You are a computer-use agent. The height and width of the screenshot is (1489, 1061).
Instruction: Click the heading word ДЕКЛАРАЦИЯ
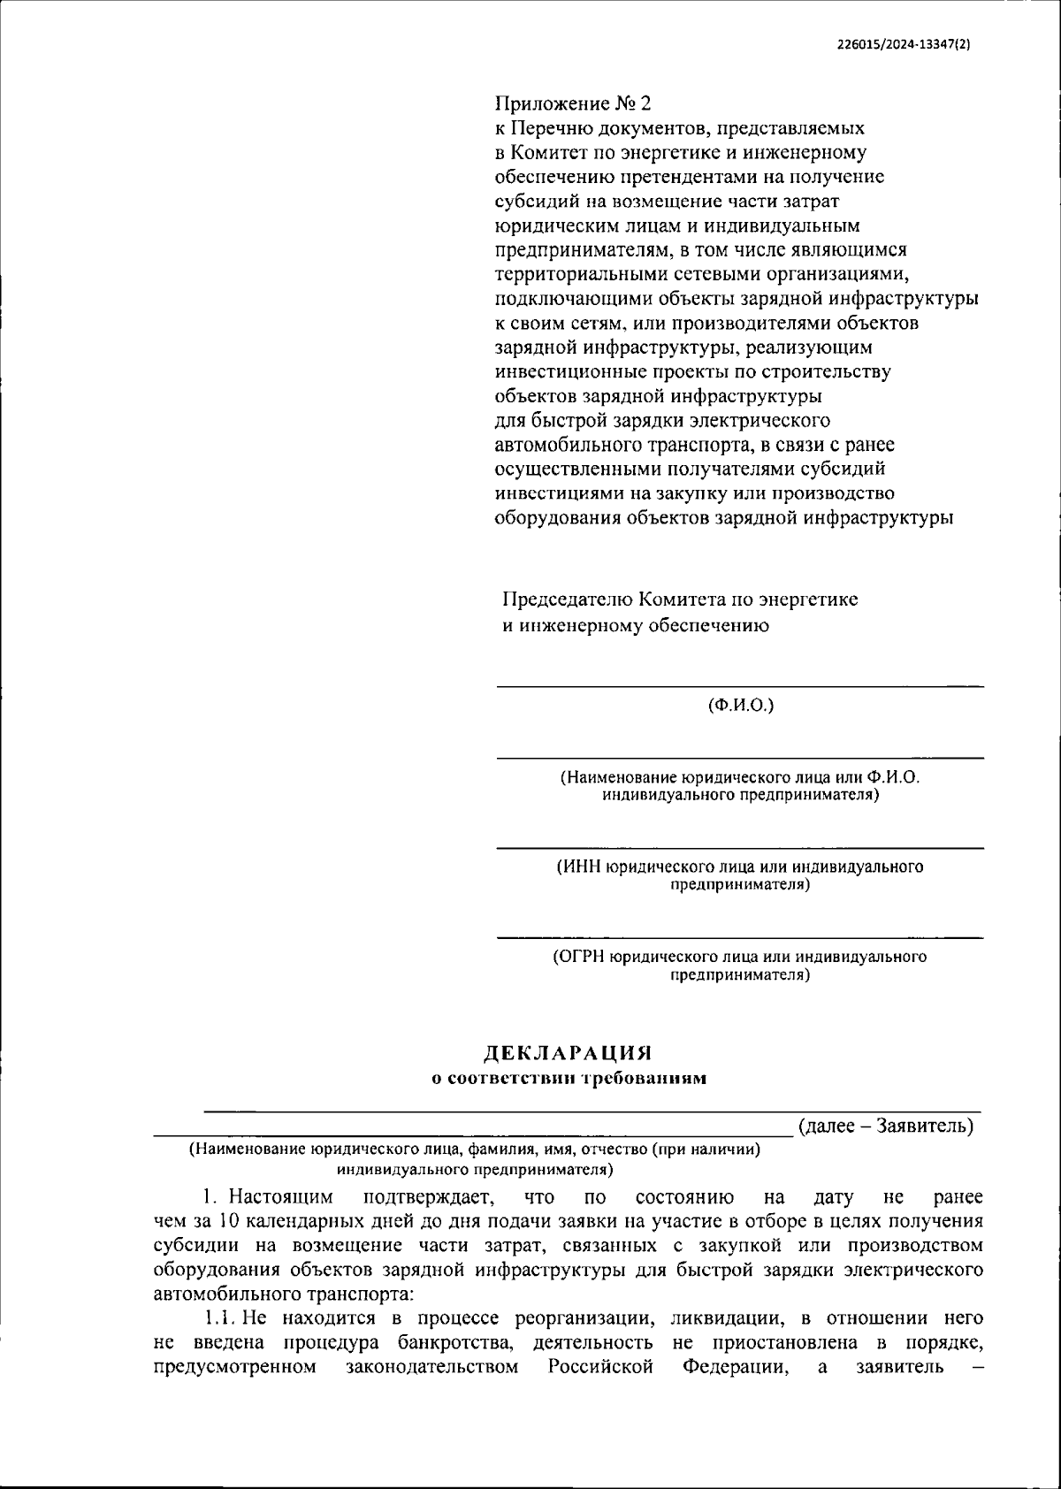point(567,1053)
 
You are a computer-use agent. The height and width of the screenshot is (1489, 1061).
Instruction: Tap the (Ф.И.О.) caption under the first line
point(740,706)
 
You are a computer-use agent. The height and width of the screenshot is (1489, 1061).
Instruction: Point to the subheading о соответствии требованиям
point(568,1078)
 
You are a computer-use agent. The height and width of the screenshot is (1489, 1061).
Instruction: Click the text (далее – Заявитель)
point(885,1126)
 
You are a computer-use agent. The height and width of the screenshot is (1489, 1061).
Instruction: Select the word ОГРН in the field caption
point(581,957)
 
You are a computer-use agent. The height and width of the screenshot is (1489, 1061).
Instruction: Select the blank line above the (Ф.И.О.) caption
point(739,685)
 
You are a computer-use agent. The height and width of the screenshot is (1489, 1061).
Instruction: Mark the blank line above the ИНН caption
point(739,848)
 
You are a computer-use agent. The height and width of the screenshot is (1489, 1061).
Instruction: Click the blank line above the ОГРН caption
point(739,937)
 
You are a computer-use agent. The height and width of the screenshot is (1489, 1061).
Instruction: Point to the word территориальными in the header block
point(577,274)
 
